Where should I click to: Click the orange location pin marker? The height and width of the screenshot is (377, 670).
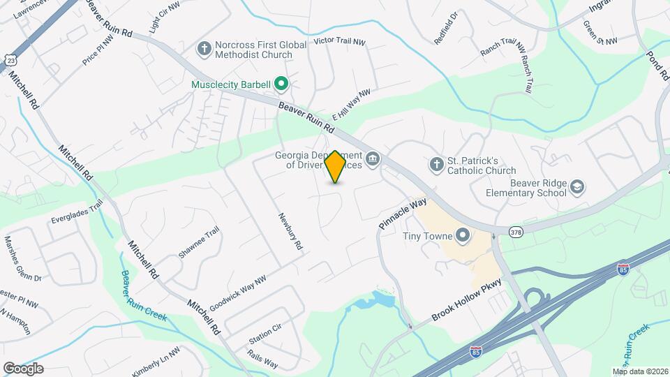335,167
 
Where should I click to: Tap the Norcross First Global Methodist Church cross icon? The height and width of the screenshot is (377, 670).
204,48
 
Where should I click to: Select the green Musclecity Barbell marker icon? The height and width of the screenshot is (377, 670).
281,84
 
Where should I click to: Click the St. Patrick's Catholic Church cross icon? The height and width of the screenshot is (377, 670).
436,165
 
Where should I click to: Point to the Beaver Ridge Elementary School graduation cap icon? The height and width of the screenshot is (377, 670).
577,186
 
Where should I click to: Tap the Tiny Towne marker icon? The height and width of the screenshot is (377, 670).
462,235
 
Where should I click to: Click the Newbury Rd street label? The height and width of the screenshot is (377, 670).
289,232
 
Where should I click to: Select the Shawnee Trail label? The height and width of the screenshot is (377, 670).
199,242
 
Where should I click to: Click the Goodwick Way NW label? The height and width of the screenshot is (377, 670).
238,288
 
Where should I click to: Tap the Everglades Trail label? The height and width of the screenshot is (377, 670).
76,212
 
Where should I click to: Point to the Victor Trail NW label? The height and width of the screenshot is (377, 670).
340,42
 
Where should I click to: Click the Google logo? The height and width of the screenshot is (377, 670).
23,368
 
